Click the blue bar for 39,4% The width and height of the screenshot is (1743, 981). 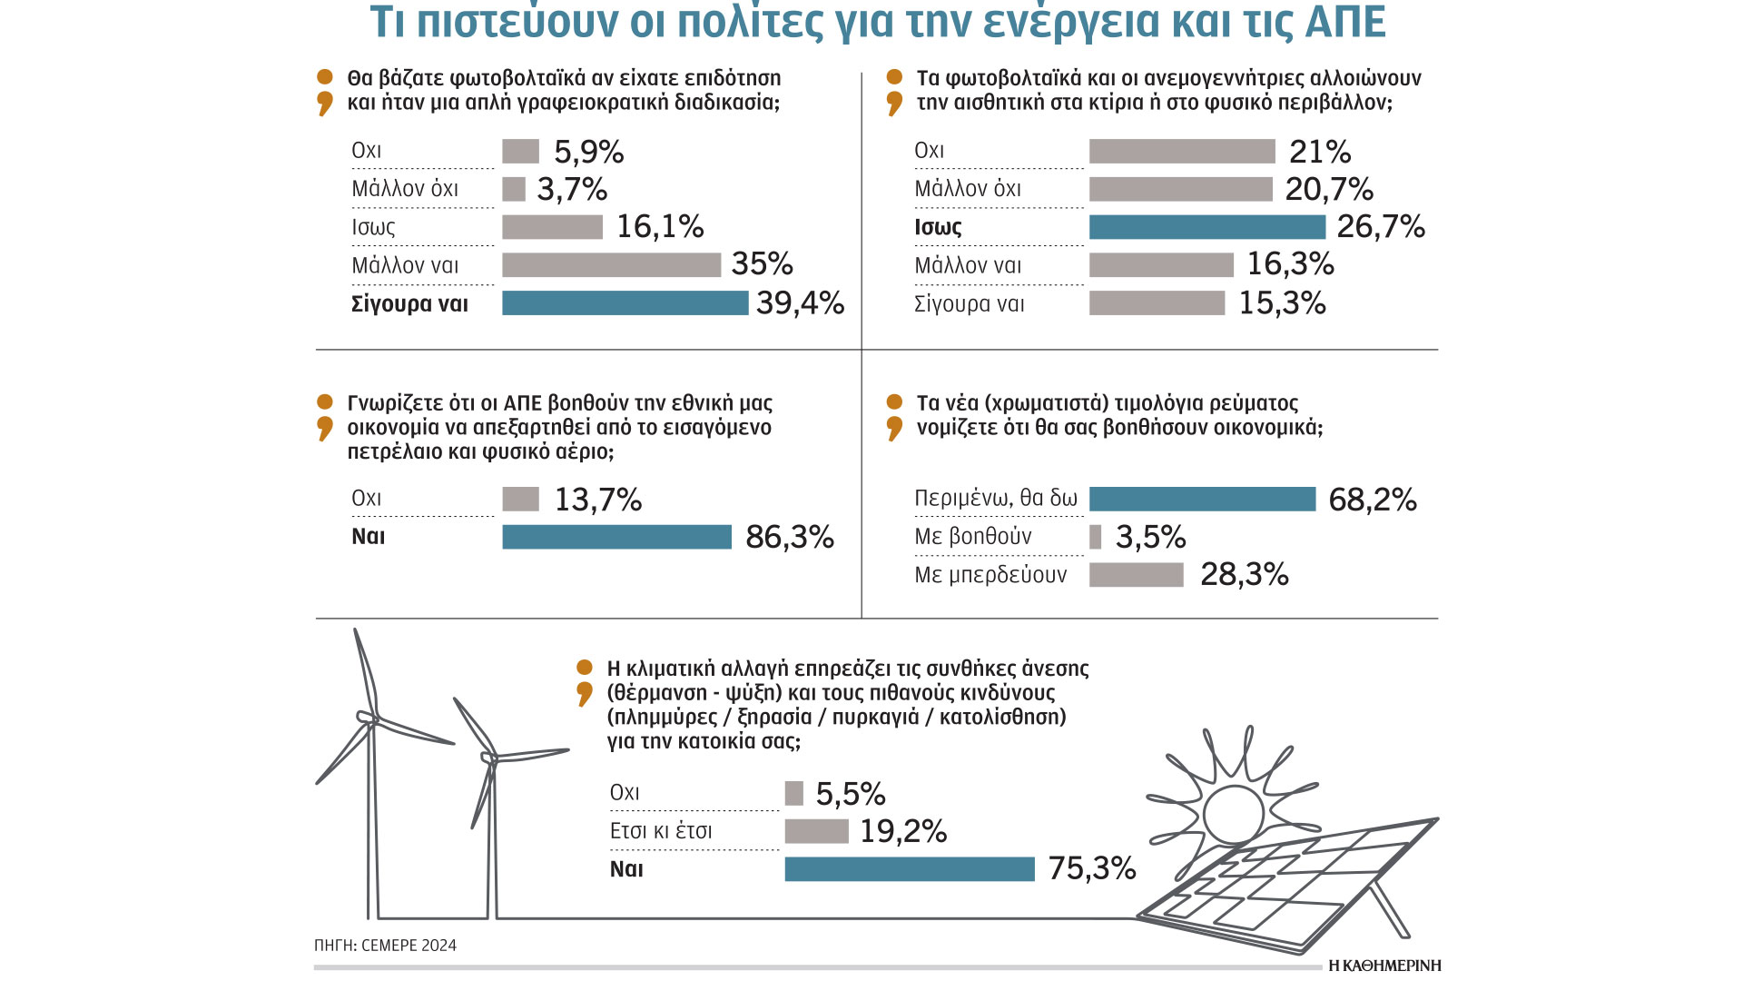click(x=625, y=302)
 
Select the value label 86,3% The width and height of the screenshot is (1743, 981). click(x=789, y=537)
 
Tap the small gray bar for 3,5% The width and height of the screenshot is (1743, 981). click(x=1095, y=537)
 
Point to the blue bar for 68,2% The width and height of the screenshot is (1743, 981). click(x=1202, y=499)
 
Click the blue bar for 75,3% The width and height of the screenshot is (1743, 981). click(x=909, y=869)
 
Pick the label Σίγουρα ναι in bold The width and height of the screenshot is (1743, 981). click(x=409, y=303)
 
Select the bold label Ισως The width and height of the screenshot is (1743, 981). click(x=938, y=227)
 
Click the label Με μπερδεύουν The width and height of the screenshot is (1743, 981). click(x=990, y=575)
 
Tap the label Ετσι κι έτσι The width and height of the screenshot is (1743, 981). click(x=661, y=831)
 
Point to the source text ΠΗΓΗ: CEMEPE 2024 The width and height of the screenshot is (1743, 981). click(x=385, y=946)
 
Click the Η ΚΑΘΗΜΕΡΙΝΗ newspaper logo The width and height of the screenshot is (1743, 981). click(x=1384, y=966)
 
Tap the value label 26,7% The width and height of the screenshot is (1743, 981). click(x=1380, y=226)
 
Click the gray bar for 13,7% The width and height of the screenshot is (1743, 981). click(x=520, y=499)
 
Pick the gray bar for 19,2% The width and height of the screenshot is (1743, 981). click(x=816, y=831)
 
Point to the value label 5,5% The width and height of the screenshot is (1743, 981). click(x=850, y=794)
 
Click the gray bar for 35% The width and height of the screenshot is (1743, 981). click(x=611, y=264)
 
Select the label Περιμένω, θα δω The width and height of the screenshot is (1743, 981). click(x=996, y=499)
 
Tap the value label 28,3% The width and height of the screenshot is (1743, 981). click(x=1244, y=574)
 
